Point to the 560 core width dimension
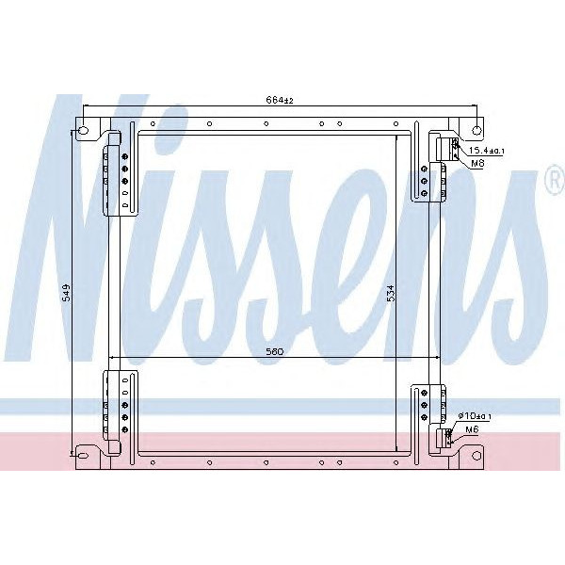(x=274, y=351)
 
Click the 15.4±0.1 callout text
(x=487, y=151)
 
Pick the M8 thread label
(x=477, y=163)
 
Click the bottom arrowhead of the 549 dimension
(x=73, y=459)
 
